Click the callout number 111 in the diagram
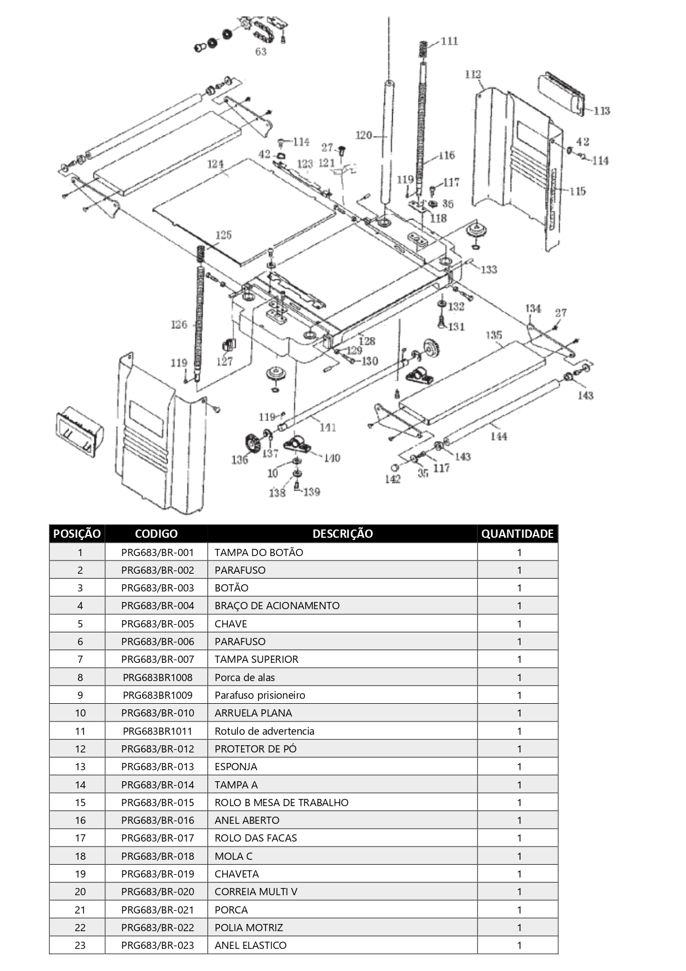(449, 41)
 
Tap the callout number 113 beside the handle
(601, 111)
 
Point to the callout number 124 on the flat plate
(215, 164)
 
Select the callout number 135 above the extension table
(493, 335)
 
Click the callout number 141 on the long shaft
(328, 427)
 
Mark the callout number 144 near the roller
(498, 437)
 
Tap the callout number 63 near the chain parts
(261, 51)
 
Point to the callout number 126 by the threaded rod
(179, 324)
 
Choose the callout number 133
(488, 269)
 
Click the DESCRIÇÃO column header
(342, 534)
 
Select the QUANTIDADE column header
(517, 534)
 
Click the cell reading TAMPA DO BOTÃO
(259, 552)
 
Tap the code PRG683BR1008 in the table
(158, 677)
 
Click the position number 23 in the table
(80, 945)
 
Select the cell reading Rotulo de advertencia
(264, 731)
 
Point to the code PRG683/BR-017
(158, 838)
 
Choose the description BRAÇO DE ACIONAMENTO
(277, 605)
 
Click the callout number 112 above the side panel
(473, 74)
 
